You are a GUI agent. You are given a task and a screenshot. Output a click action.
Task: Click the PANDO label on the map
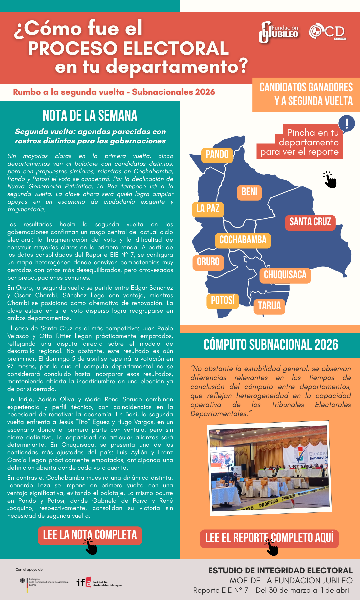pos(217,155)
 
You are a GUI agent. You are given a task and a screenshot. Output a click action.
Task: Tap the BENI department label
pos(249,192)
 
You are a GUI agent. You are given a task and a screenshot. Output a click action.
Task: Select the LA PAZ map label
pos(208,209)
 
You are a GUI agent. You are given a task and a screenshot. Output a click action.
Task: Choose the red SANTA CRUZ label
pos(310,222)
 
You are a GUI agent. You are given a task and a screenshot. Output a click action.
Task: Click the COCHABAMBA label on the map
pos(243,240)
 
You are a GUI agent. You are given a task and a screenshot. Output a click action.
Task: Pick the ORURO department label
pos(208,262)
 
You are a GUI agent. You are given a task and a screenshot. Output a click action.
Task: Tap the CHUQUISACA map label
pos(285,275)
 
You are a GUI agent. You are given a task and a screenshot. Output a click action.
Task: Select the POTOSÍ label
pos(223,301)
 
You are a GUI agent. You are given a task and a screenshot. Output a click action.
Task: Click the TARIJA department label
pos(269,306)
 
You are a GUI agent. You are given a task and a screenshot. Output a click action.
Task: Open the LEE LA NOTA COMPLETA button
pos(90,535)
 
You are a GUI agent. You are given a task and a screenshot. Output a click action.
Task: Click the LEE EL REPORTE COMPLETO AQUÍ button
pos(269,538)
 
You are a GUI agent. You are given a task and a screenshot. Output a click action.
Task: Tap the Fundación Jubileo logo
pos(279,32)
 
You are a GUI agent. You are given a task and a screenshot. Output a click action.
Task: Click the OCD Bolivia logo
pos(327,32)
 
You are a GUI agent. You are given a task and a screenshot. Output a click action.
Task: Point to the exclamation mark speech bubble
pos(347,123)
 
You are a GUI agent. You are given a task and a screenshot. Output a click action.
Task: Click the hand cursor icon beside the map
pos(330,180)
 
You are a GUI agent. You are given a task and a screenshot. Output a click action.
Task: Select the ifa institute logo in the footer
pos(99,582)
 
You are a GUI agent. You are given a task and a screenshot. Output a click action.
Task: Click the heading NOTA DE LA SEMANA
pos(90,116)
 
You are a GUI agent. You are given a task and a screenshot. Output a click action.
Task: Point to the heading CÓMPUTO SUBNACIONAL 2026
pos(271,345)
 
